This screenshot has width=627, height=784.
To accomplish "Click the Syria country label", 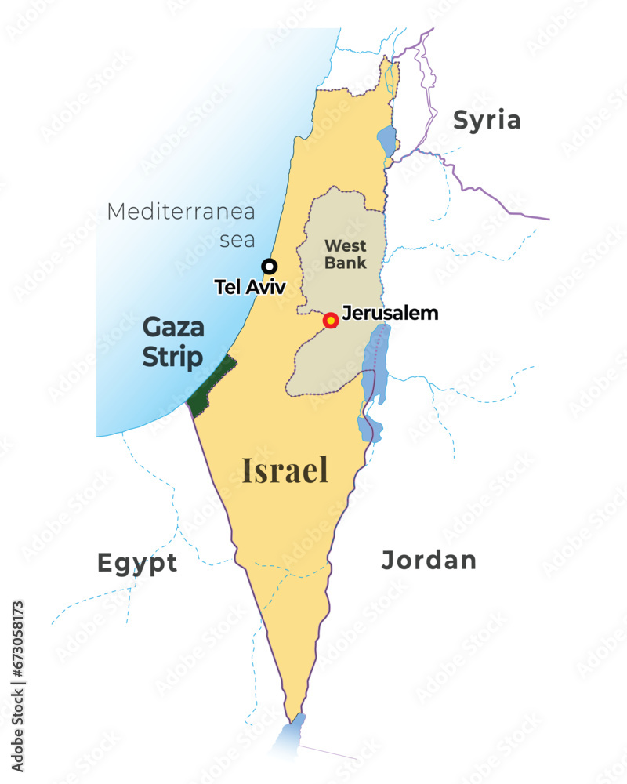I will pos(487,120).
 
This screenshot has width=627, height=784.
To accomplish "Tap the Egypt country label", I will pos(137,563).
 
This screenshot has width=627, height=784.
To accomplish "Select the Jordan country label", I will pos(429,560).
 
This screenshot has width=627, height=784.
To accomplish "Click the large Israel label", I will pos(285,470).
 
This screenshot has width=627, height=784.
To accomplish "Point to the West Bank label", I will pos(346,255).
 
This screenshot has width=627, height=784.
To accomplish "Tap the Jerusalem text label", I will pos(390,314).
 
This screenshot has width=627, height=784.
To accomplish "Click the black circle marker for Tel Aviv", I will pos(269,266).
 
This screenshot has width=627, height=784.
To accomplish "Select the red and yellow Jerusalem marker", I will pos(331,320).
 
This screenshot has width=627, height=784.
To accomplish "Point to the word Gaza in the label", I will pos(173,327).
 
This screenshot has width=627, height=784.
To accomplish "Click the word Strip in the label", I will pos(172,358).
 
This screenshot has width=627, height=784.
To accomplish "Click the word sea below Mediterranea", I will pos(237,239).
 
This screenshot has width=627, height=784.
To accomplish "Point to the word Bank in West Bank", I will pos(346,263).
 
